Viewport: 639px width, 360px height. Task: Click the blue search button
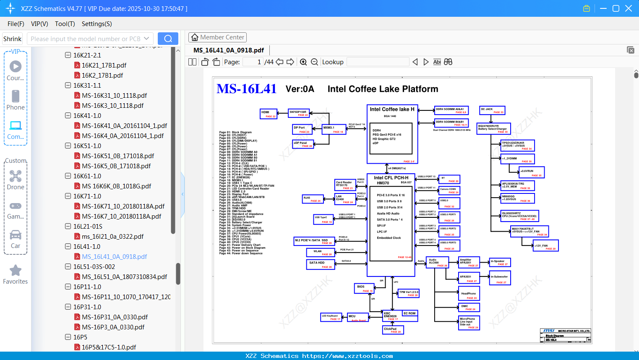pos(168,39)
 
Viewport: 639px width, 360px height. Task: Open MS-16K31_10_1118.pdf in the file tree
pos(114,96)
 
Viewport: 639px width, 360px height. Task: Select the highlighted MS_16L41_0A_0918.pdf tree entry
pos(114,257)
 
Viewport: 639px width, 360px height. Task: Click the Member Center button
pos(217,37)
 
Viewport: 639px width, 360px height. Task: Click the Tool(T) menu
pos(65,24)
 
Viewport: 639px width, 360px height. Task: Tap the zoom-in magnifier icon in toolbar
pos(303,62)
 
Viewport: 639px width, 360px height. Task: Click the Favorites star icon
pos(16,271)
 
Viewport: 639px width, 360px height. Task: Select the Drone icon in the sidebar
pos(16,176)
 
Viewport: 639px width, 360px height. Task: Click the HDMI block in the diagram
pos(269,114)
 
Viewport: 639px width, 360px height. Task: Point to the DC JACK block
pos(492,110)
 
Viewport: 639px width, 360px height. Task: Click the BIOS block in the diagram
pos(364,288)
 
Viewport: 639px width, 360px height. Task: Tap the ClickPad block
pos(393,330)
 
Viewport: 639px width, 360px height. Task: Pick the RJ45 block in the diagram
pos(313,199)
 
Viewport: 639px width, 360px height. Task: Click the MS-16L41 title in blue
pos(246,89)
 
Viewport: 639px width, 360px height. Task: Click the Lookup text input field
pos(378,62)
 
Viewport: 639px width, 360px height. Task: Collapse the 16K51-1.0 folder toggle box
pos(68,146)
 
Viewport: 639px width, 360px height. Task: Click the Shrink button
pos(13,39)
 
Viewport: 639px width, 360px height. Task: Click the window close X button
pos(629,8)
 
